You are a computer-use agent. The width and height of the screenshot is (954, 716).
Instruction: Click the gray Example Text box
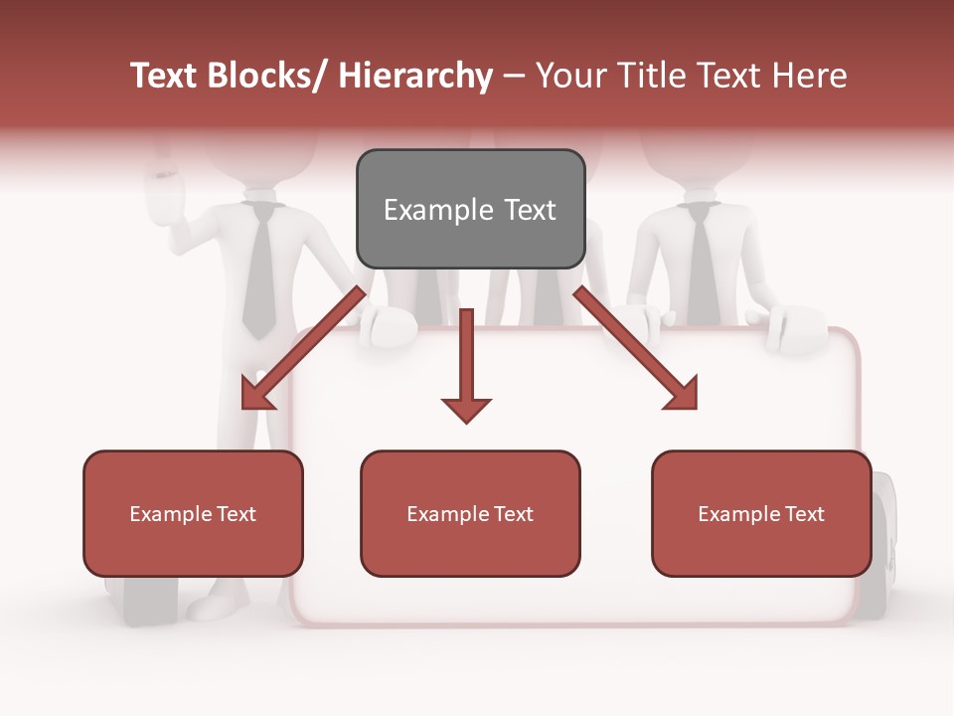[x=470, y=209]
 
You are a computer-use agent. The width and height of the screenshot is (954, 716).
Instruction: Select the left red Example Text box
[x=193, y=513]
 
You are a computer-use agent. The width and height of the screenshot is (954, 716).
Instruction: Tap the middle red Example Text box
[x=470, y=513]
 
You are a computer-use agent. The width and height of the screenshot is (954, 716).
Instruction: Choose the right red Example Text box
[x=761, y=513]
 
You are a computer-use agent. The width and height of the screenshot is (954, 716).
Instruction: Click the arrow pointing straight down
[x=466, y=368]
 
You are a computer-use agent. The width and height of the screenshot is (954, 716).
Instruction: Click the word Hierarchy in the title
[x=415, y=76]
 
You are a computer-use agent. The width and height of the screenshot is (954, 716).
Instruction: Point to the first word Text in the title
[x=166, y=76]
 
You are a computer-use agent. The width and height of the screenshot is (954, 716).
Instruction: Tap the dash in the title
[x=514, y=76]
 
